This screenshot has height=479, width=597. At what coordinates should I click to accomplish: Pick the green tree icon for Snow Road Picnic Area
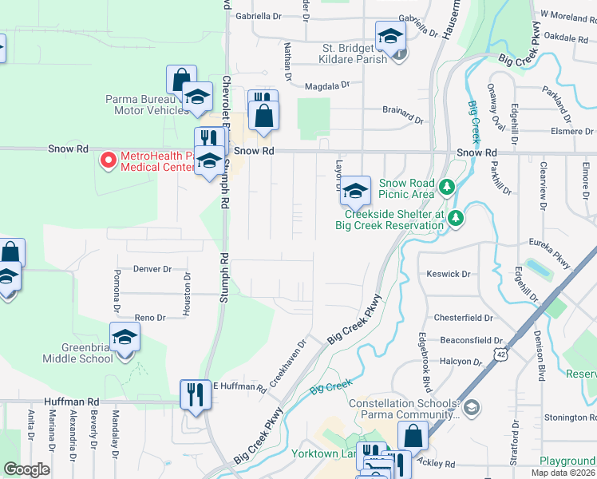[x=449, y=187]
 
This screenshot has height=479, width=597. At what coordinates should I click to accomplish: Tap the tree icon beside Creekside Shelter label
[x=456, y=217]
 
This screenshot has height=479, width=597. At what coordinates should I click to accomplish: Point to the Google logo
[x=26, y=469]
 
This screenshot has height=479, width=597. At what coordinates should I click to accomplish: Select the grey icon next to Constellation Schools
[x=472, y=408]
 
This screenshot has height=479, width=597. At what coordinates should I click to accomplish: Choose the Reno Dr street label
[x=149, y=318]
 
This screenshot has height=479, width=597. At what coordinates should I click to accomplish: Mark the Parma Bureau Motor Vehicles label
[x=142, y=105]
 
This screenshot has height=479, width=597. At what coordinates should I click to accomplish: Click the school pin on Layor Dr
[x=356, y=190]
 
